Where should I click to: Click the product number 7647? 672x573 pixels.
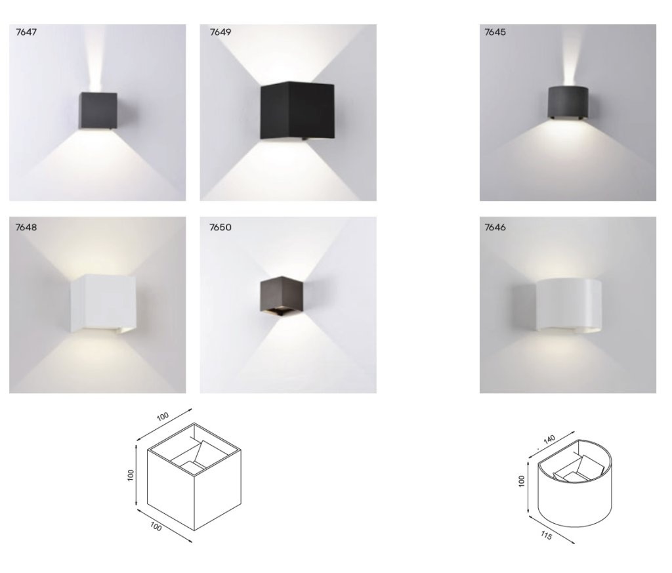[x=26, y=32]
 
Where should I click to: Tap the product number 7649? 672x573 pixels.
[x=220, y=32]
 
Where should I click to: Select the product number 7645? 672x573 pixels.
[x=495, y=32]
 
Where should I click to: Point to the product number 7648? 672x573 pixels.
[x=26, y=227]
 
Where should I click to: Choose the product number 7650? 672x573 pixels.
[x=220, y=227]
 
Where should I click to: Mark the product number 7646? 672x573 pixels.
[x=495, y=227]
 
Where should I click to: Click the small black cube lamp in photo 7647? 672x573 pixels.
[x=98, y=110]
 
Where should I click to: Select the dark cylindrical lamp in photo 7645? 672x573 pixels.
[x=568, y=102]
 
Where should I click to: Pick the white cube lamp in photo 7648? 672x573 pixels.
[x=103, y=303]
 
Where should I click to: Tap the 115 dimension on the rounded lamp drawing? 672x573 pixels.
[x=546, y=536]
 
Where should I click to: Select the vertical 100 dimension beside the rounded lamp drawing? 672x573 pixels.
[x=522, y=481]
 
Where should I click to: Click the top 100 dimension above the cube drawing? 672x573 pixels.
[x=163, y=416]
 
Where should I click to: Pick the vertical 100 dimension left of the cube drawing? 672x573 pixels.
[x=131, y=475]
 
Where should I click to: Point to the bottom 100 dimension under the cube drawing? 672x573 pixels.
[x=156, y=526]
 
